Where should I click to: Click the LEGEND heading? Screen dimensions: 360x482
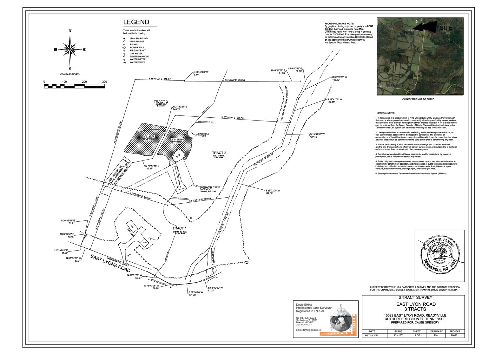136,22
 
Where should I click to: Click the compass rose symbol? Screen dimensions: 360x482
70,49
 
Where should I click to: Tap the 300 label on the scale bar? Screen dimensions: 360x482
104,82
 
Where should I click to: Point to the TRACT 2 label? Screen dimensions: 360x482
219,153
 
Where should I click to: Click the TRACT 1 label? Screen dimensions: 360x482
179,228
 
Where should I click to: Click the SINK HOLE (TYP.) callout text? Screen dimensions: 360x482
203,135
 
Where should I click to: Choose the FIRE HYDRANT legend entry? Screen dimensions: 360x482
137,50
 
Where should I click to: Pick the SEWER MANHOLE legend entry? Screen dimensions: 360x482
139,56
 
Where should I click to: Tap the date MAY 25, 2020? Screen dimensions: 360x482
372,335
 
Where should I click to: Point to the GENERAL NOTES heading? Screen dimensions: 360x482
386,113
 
